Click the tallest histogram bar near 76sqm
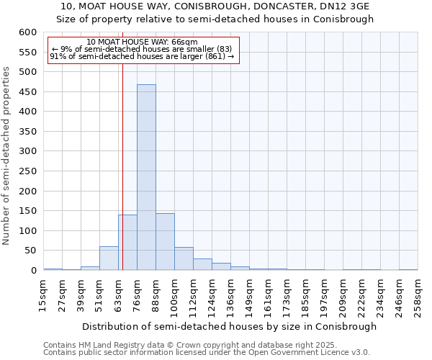(146, 177)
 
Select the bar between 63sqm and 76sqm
(127, 243)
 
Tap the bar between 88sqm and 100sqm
(165, 242)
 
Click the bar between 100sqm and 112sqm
(184, 258)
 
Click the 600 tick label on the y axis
(27, 32)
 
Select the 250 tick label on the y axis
(27, 171)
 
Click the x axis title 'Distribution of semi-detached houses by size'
(229, 326)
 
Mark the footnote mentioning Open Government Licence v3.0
(207, 353)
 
